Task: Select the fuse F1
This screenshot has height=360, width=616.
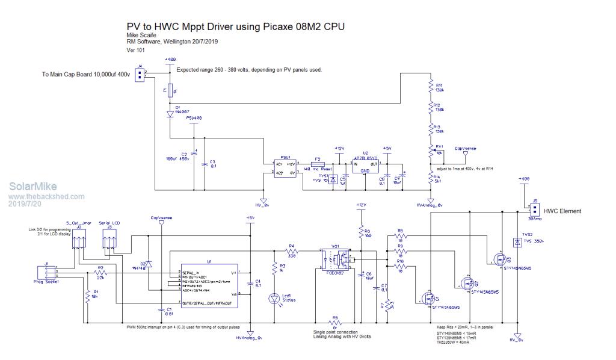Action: [170, 92]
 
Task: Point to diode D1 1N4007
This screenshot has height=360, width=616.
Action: [170, 113]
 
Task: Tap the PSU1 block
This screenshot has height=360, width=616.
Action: [285, 168]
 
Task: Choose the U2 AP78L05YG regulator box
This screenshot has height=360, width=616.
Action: [365, 166]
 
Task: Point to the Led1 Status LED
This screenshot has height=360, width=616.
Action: [275, 297]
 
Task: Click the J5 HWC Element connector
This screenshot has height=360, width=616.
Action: [533, 209]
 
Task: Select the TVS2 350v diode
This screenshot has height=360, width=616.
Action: [516, 242]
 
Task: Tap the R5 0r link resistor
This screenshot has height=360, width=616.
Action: [335, 323]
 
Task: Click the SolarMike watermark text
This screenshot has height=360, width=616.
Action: [28, 187]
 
